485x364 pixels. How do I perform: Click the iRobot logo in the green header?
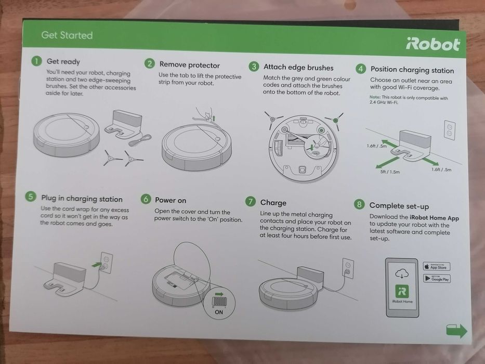pos(432,44)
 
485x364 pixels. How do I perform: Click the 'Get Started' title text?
pos(67,35)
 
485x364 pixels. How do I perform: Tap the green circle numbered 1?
pos(36,61)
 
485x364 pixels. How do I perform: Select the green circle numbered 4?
pos(360,69)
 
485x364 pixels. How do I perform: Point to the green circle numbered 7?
pos(251,202)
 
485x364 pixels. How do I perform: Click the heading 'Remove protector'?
pos(189,65)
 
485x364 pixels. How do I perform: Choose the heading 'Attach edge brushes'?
pos(298,67)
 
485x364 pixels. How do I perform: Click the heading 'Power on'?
pos(171,200)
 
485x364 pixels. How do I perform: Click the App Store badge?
pos(436,266)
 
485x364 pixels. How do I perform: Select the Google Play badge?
pos(437,279)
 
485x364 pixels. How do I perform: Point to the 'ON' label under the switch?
pos(218,312)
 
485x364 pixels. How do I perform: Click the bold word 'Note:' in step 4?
pos(375,98)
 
